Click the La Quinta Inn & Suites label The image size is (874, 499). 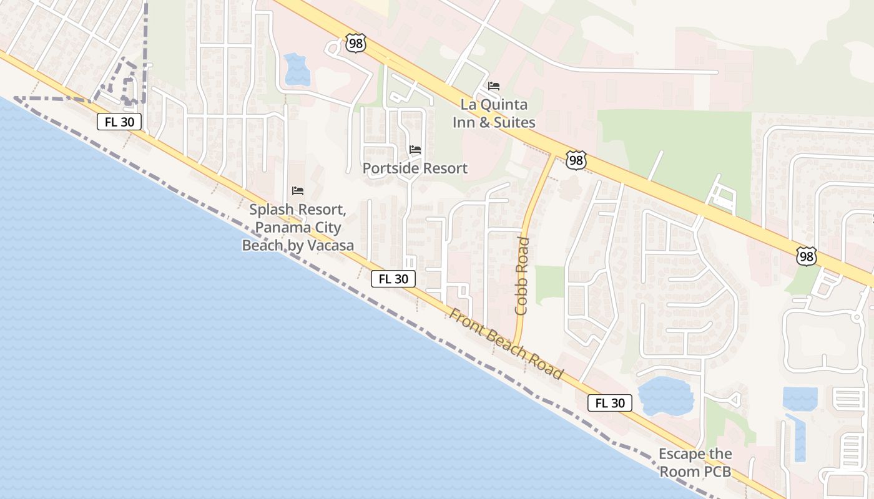tap(494, 114)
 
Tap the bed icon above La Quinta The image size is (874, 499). tap(494, 86)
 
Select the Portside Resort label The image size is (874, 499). tap(415, 168)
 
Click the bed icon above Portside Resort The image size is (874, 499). tap(415, 150)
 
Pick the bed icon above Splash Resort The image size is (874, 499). tap(298, 190)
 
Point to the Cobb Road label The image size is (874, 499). tap(523, 275)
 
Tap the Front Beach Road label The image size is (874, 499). tap(506, 344)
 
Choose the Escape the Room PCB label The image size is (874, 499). tap(695, 463)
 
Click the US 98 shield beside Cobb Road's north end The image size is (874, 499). tap(576, 160)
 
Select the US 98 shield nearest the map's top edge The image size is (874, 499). tap(355, 43)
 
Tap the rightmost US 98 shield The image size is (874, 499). tap(806, 256)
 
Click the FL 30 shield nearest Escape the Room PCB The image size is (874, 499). tap(610, 403)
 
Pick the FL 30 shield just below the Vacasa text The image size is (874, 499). tap(393, 279)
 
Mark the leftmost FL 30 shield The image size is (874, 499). tap(119, 122)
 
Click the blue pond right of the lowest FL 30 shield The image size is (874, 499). tap(666, 396)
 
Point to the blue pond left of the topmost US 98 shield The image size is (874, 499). tap(297, 69)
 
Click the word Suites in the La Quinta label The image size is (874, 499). tap(514, 122)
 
